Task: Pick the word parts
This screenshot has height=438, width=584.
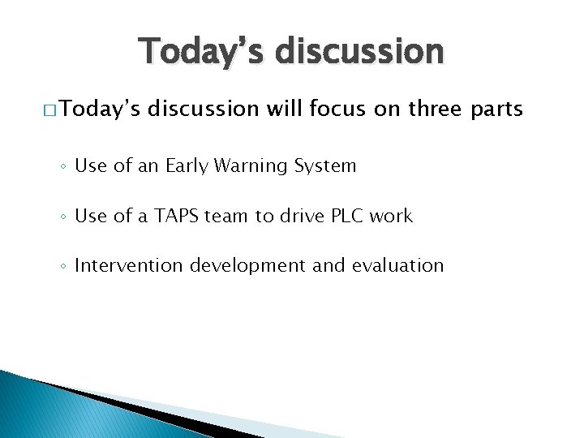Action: pyautogui.click(x=494, y=109)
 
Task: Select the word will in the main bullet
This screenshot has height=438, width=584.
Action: pyautogui.click(x=278, y=109)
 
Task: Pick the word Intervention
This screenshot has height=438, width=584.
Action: pyautogui.click(x=127, y=265)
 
